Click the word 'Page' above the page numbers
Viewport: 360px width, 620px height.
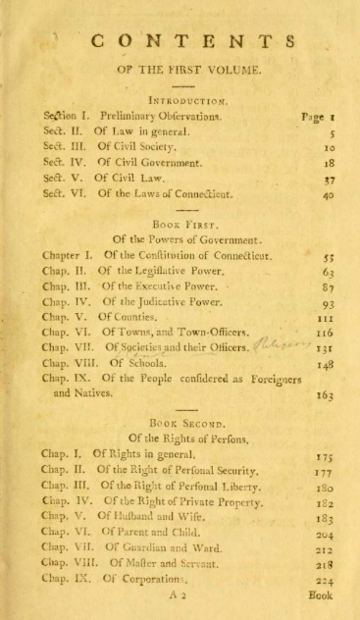pos(314,115)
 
